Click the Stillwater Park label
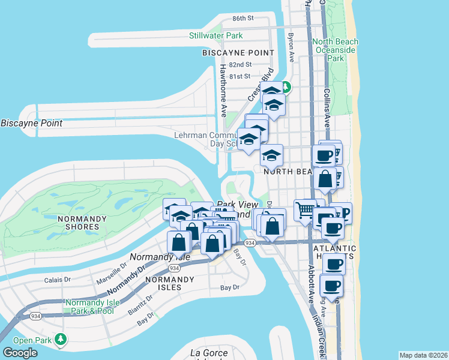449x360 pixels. [x=215, y=35]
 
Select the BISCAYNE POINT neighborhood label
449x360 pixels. [x=234, y=53]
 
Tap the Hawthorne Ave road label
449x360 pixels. [x=222, y=98]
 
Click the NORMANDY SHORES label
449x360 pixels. [x=78, y=223]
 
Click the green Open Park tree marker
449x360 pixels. [x=60, y=340]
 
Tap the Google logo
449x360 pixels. [x=20, y=353]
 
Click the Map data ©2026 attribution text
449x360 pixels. [x=423, y=355]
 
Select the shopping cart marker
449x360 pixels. [x=305, y=210]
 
